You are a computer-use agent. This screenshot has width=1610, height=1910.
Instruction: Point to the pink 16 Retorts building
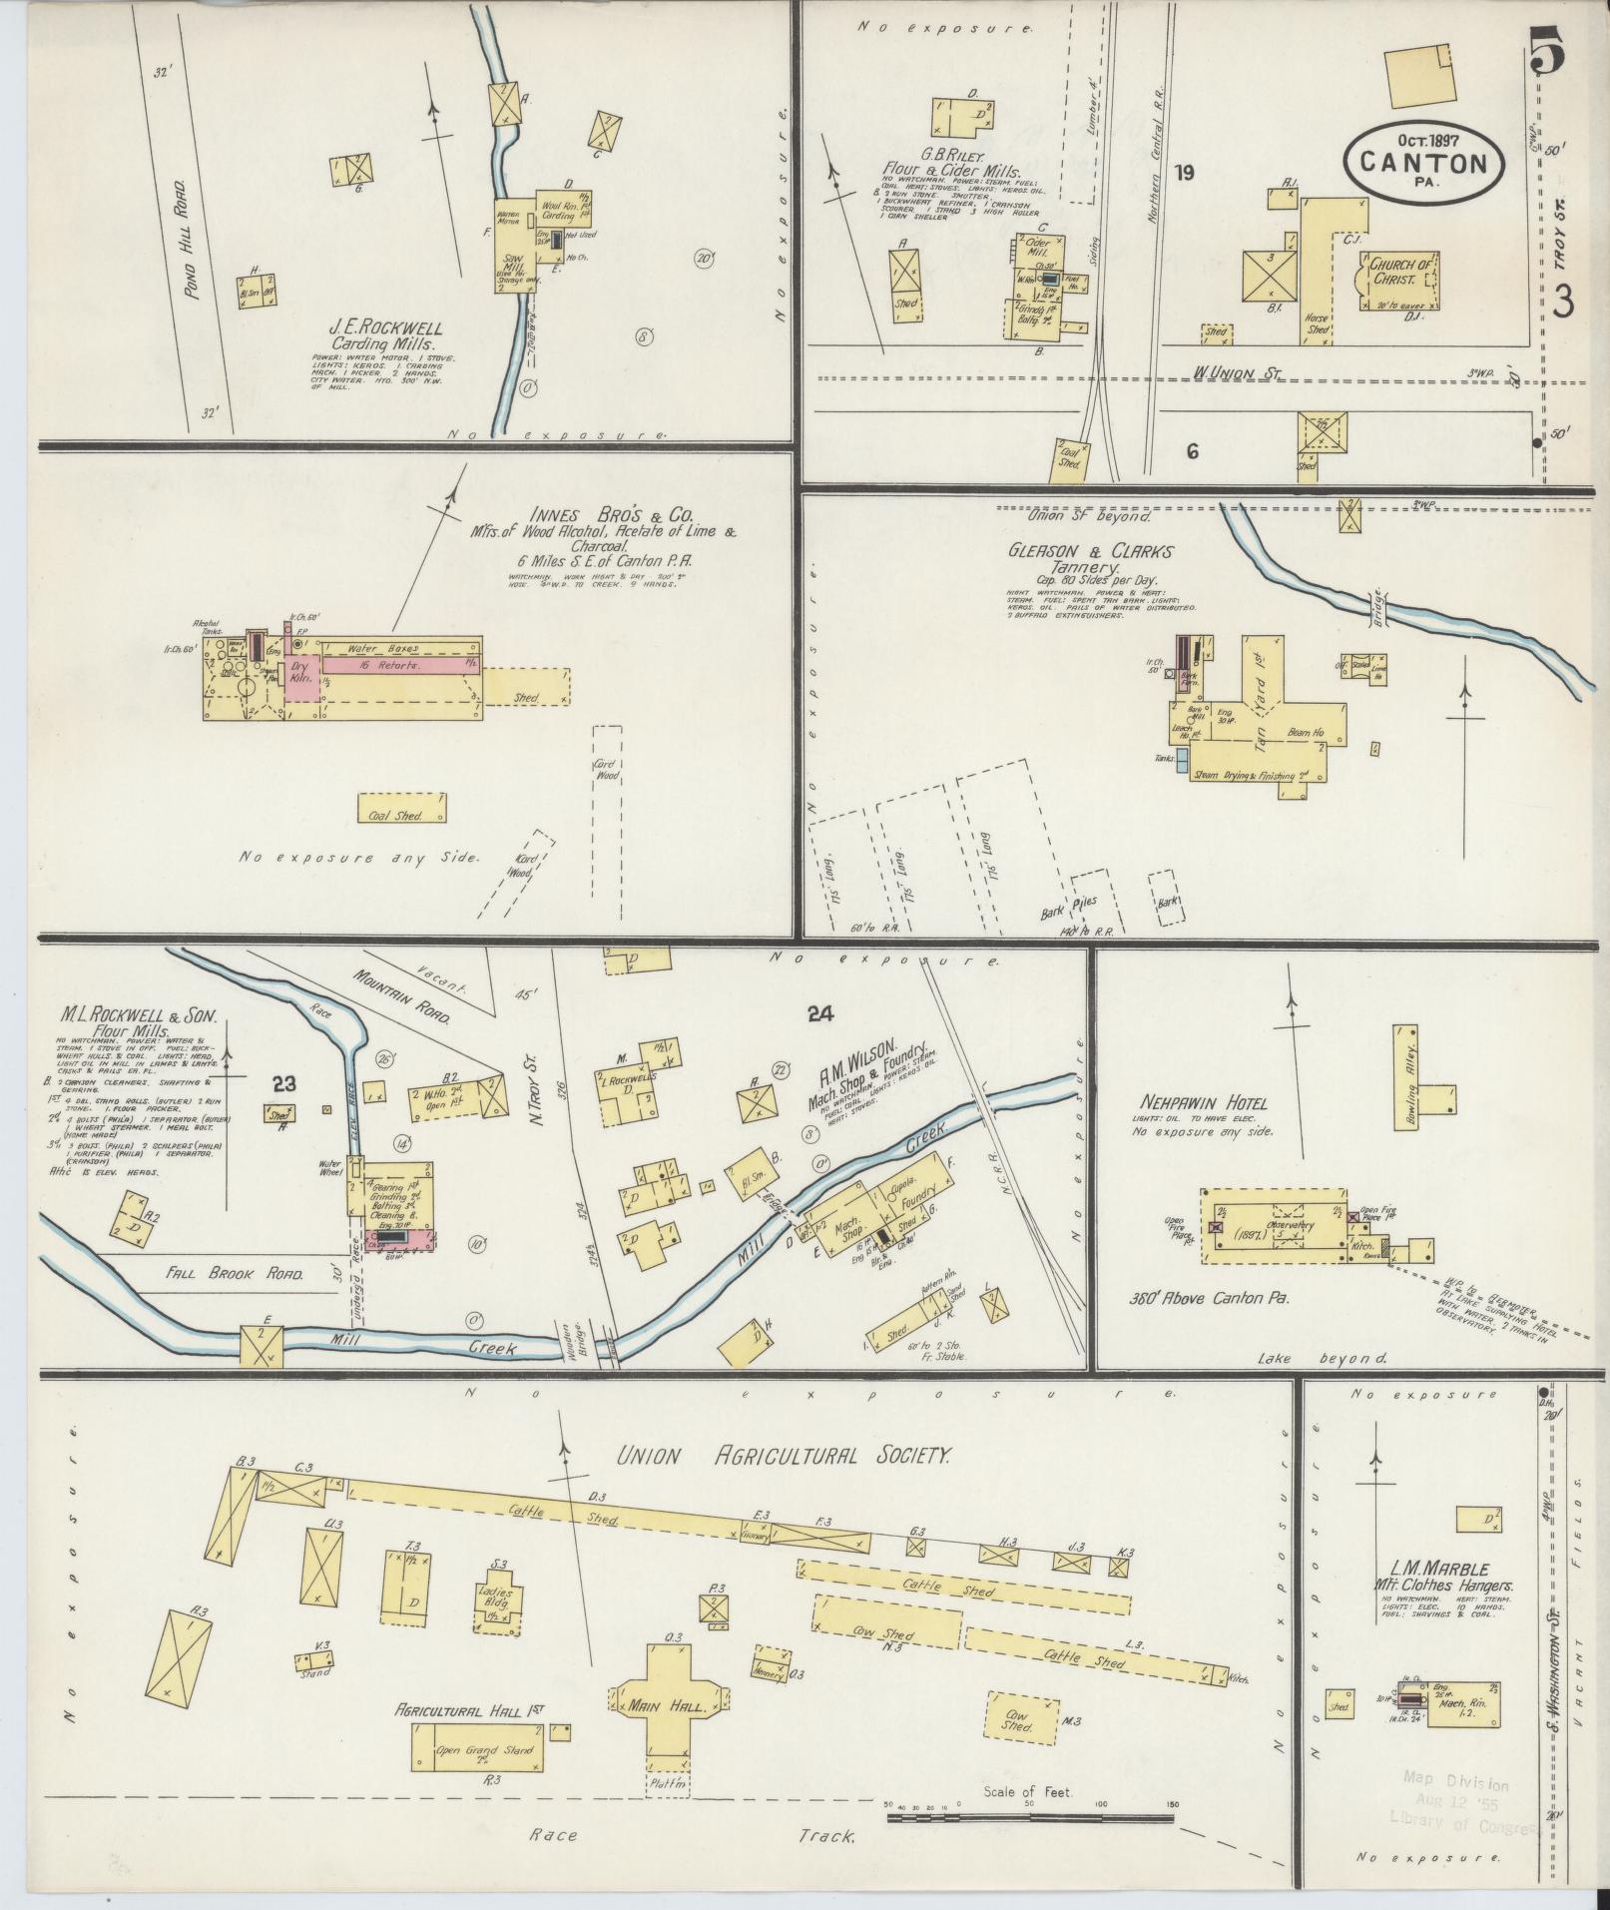click(x=397, y=664)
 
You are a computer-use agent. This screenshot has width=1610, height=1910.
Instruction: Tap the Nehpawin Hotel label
click(x=1201, y=1103)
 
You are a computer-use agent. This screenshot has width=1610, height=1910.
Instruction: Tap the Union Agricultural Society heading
click(x=782, y=1456)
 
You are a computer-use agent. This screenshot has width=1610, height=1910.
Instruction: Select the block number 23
click(x=283, y=1082)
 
